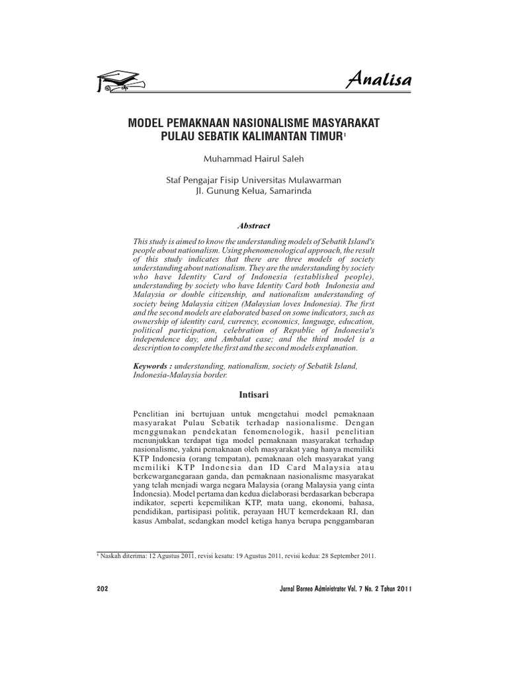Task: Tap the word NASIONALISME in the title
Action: click(x=264, y=124)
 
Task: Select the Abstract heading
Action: click(x=254, y=225)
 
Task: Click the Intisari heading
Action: click(x=254, y=395)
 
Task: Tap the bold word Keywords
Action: click(x=151, y=366)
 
